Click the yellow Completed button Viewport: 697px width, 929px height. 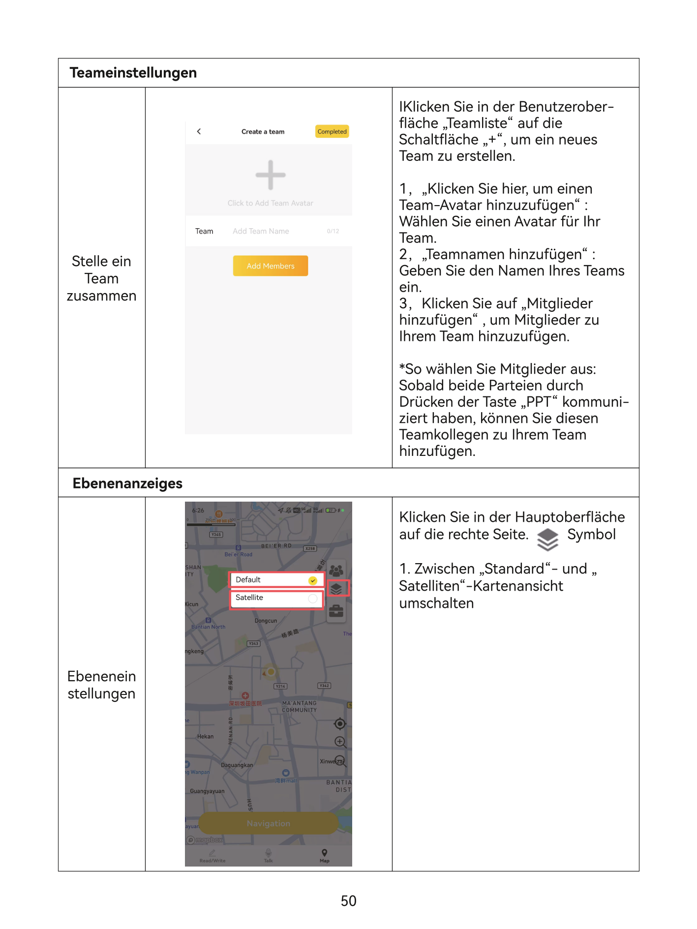pyautogui.click(x=332, y=131)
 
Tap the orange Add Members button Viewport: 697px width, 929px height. pyautogui.click(x=271, y=266)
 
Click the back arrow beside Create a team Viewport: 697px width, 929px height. pyautogui.click(x=199, y=131)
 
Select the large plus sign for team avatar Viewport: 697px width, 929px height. pyautogui.click(x=271, y=175)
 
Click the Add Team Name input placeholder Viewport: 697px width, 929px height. pyautogui.click(x=261, y=231)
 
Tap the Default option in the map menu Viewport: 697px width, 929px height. pyautogui.click(x=248, y=580)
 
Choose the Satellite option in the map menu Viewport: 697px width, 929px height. pyautogui.click(x=249, y=598)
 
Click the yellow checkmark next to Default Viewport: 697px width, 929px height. pyautogui.click(x=313, y=581)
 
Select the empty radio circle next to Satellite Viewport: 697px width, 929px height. pyautogui.click(x=313, y=599)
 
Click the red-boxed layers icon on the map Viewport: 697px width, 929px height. pyautogui.click(x=337, y=588)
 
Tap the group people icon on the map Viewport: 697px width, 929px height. pyautogui.click(x=336, y=570)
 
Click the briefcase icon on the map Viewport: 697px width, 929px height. pyautogui.click(x=336, y=611)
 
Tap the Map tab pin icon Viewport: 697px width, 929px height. pyautogui.click(x=324, y=853)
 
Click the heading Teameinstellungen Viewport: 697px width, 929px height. pyautogui.click(x=133, y=73)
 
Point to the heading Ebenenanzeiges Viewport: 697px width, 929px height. pyautogui.click(x=127, y=483)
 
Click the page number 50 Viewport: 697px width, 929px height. pyautogui.click(x=348, y=900)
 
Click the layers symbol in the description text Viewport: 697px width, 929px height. pyautogui.click(x=547, y=539)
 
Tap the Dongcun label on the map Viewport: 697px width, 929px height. pyautogui.click(x=266, y=621)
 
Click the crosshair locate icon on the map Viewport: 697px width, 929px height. pyautogui.click(x=339, y=723)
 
